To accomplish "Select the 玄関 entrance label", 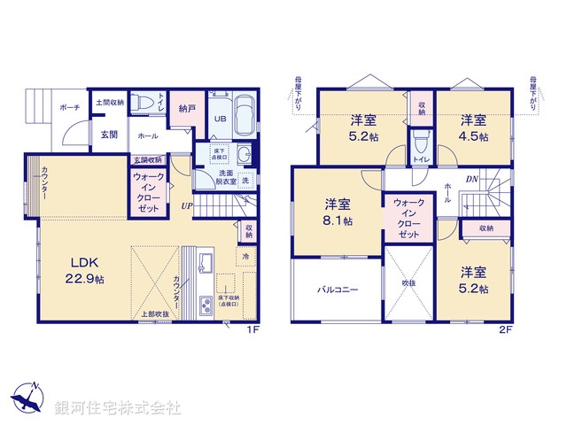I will tap(109, 135).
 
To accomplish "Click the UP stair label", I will tap(186, 207).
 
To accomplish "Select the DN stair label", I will tap(472, 181).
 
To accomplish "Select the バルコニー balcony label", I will tap(338, 290).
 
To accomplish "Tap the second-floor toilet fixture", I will tap(421, 140).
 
